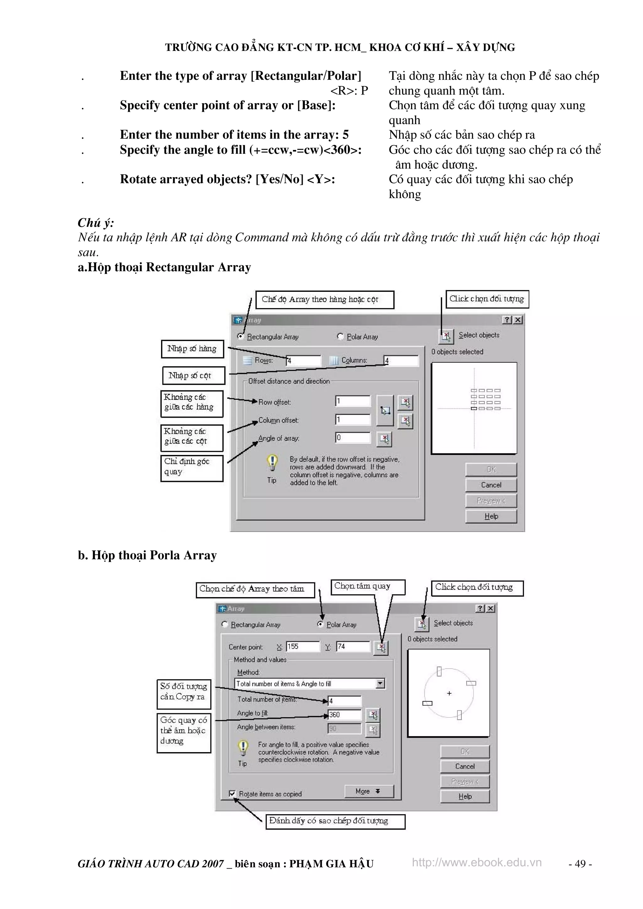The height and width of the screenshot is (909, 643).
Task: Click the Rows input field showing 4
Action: point(304,361)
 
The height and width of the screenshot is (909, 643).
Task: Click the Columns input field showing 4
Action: point(401,361)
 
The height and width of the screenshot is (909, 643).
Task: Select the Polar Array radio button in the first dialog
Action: point(340,336)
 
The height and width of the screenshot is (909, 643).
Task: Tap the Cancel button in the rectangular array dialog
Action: point(491,485)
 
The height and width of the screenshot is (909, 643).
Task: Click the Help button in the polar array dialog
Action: point(465,796)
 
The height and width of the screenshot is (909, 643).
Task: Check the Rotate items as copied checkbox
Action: point(232,794)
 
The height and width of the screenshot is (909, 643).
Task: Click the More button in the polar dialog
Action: point(369,791)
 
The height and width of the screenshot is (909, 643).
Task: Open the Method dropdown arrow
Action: point(380,683)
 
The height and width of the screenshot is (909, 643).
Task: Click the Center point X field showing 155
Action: point(303,646)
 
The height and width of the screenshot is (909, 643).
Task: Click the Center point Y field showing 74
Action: point(353,646)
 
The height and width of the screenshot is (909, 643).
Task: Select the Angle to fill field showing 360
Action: point(345,714)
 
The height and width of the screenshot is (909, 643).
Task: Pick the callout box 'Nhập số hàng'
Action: point(192,349)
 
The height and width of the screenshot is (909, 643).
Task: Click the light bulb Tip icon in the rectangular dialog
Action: point(272,462)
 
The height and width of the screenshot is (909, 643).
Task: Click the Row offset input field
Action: point(353,401)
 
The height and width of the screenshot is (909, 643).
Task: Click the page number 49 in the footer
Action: point(580,864)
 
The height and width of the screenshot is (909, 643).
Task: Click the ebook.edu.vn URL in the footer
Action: point(476,862)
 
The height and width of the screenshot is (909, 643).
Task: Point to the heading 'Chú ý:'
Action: point(96,223)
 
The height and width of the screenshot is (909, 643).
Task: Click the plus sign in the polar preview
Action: point(449,693)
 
